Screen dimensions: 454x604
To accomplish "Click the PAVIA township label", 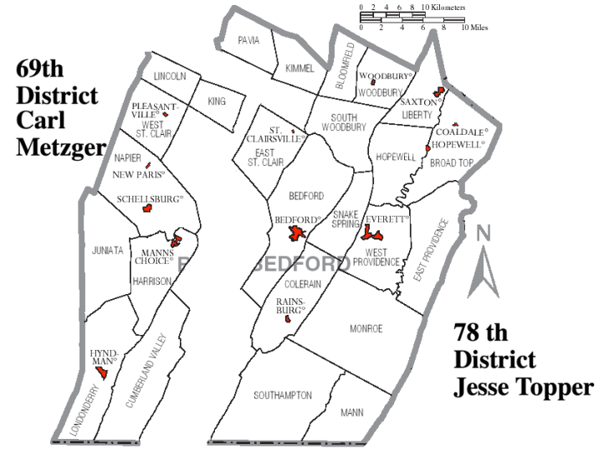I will click(248, 39).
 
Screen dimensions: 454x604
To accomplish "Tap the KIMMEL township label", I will click(299, 68).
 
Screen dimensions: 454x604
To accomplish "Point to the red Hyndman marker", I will click(102, 372).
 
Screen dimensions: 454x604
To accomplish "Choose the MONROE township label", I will click(366, 329).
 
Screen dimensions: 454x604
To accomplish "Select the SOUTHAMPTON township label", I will click(284, 395).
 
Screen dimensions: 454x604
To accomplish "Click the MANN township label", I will click(352, 412).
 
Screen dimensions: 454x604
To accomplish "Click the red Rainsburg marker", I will click(287, 318).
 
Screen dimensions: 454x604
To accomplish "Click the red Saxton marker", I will click(436, 93).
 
